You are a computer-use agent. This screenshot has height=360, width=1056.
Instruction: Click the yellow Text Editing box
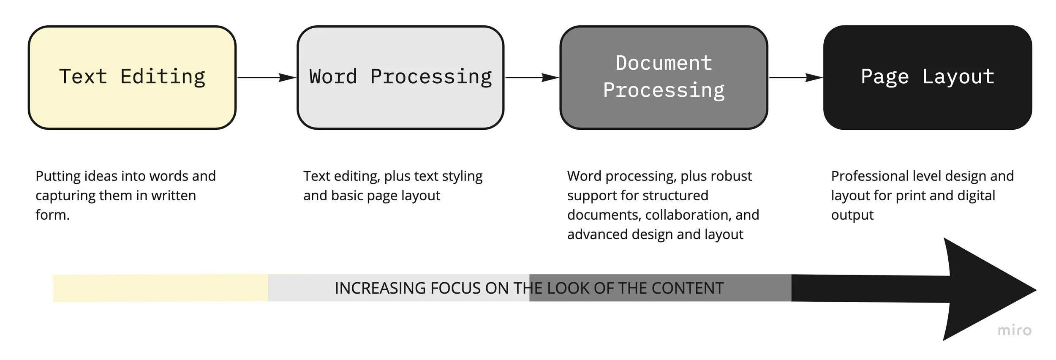coord(132,77)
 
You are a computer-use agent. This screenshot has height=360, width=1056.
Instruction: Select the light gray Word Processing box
coord(400,77)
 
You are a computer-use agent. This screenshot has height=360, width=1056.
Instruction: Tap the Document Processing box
coord(664,77)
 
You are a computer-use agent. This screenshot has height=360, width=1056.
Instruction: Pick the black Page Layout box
coord(928,77)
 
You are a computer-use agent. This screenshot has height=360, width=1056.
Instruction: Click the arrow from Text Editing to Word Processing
coord(267,78)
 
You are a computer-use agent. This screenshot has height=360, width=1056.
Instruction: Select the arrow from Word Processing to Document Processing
coord(532,78)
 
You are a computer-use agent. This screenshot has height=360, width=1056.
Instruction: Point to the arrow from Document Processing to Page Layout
coord(795,78)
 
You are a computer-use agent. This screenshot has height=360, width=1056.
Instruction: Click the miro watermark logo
coord(1014,330)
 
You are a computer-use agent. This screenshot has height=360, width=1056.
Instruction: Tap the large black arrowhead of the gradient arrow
coord(984,289)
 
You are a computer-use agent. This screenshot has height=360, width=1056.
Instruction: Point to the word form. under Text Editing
coord(52,215)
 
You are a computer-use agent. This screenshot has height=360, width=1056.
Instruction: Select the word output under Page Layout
coord(852,215)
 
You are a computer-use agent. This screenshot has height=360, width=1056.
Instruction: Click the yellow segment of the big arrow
coord(161,288)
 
